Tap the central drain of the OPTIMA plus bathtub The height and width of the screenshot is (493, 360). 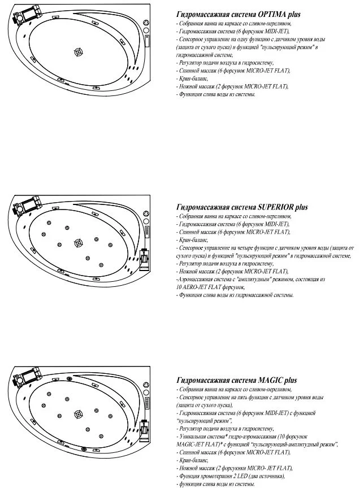78,52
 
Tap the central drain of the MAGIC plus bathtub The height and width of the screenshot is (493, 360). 77,417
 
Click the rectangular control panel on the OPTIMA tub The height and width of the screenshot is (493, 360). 148,41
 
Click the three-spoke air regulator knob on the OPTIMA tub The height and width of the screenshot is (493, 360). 146,24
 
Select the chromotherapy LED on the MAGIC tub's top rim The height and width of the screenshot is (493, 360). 70,379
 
